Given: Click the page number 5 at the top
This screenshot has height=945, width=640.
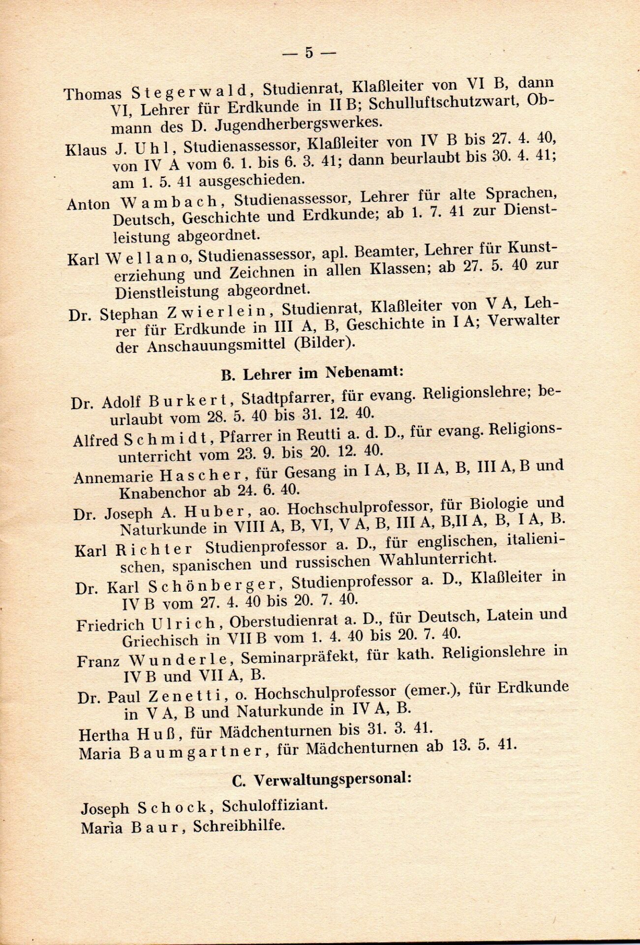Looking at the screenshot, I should (309, 52).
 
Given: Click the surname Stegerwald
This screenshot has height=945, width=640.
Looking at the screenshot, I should (190, 92).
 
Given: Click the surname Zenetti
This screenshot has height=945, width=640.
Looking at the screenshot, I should (190, 695).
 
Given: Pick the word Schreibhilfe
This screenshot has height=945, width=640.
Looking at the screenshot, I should (239, 825).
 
